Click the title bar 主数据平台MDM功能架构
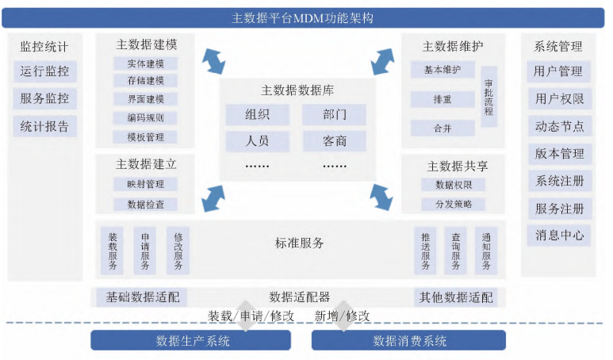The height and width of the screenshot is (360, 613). (303, 18)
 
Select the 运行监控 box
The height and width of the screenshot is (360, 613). (45, 71)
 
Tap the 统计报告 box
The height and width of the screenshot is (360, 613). (45, 126)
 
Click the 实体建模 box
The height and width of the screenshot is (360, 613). (145, 63)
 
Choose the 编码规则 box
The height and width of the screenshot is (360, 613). (145, 117)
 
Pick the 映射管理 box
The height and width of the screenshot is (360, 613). (145, 184)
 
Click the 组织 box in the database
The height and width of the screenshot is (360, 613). (258, 114)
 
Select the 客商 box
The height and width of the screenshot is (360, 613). (335, 140)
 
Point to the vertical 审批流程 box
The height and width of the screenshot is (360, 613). (488, 97)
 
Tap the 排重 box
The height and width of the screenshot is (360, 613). (443, 99)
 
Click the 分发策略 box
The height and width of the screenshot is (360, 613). (454, 204)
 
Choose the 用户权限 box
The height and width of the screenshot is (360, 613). (559, 98)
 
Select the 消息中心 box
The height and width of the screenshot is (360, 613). (559, 235)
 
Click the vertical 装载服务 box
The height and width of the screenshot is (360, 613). (112, 251)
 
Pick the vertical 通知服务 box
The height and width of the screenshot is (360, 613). (486, 251)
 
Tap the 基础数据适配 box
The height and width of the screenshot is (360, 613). (142, 297)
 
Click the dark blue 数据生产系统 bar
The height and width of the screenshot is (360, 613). (191, 340)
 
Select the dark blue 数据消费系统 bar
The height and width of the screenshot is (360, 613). (408, 340)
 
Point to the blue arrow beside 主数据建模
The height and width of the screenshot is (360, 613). (213, 61)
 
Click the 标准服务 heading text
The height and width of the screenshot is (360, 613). (299, 243)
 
